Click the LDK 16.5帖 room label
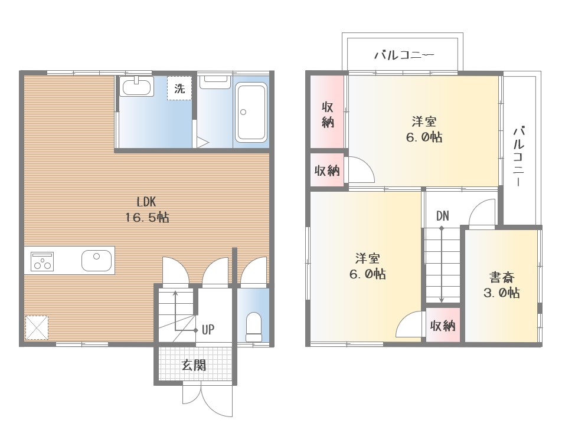[147, 209]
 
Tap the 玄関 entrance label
[194, 365]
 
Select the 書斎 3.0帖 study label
[502, 285]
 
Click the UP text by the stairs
[208, 330]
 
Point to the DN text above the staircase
[443, 216]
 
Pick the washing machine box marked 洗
[179, 88]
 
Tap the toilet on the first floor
[254, 327]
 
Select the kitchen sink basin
[96, 260]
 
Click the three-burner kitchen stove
[43, 261]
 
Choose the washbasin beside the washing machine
[136, 86]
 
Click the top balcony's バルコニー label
[404, 55]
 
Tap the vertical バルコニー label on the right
[519, 156]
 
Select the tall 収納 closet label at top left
[328, 114]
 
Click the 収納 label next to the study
[443, 326]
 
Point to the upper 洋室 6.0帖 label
[424, 129]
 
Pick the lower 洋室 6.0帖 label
[368, 266]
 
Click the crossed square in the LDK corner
[37, 328]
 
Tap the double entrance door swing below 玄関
[208, 399]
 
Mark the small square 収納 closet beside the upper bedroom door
[327, 170]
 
